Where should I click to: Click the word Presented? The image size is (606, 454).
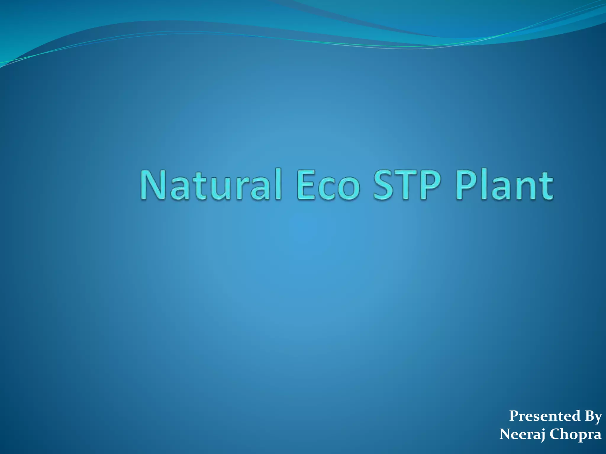pyautogui.click(x=544, y=416)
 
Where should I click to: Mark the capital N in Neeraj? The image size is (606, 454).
pyautogui.click(x=506, y=434)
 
